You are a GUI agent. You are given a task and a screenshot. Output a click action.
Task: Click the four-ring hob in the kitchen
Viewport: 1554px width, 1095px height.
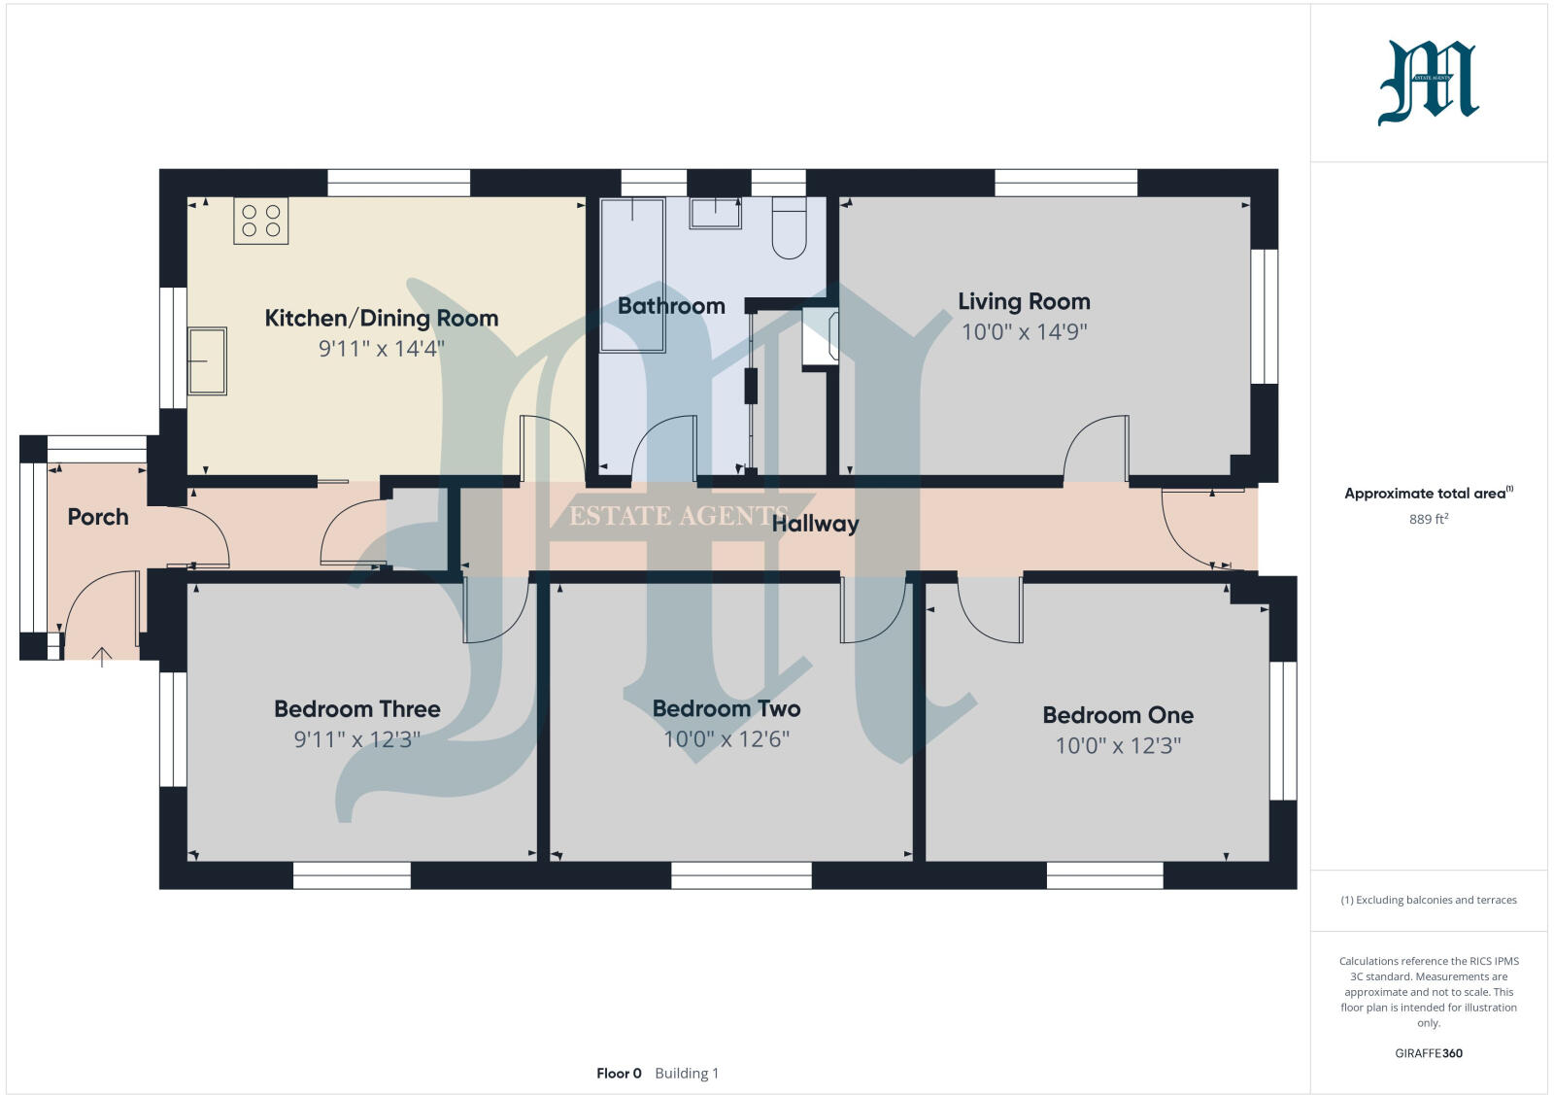[261, 221]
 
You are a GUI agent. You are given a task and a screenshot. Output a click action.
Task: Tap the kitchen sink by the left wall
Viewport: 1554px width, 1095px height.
[207, 360]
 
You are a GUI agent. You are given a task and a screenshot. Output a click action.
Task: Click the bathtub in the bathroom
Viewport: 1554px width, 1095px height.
[632, 274]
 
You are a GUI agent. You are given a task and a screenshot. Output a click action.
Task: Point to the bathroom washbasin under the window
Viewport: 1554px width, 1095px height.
[715, 213]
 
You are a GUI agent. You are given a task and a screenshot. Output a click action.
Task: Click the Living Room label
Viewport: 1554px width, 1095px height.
[1024, 301]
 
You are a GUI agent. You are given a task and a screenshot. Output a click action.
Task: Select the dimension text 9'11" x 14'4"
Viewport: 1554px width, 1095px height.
[381, 348]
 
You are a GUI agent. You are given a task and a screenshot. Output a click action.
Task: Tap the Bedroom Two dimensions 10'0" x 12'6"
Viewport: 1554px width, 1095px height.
[726, 739]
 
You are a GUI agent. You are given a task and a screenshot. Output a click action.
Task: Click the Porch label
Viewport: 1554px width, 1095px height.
[98, 517]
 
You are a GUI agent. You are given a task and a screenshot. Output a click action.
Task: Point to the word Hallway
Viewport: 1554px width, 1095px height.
[815, 524]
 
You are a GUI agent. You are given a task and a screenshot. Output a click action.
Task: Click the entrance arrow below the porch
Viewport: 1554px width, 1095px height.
[101, 657]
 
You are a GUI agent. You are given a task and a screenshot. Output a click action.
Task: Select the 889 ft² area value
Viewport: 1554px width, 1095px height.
[1429, 520]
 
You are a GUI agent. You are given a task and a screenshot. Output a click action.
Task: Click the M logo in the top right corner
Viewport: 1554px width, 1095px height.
[1428, 84]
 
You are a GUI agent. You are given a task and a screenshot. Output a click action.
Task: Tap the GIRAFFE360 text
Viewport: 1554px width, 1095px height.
[1429, 1053]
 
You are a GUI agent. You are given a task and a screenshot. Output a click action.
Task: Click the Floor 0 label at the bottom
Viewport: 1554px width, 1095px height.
[619, 1074]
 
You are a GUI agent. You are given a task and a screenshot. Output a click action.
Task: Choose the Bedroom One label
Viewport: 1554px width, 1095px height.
[1118, 715]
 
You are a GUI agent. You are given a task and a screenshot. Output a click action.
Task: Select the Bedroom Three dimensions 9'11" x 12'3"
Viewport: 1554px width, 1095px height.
[356, 740]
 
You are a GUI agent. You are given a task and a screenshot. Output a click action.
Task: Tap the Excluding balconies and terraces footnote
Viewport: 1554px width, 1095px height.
[1429, 901]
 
